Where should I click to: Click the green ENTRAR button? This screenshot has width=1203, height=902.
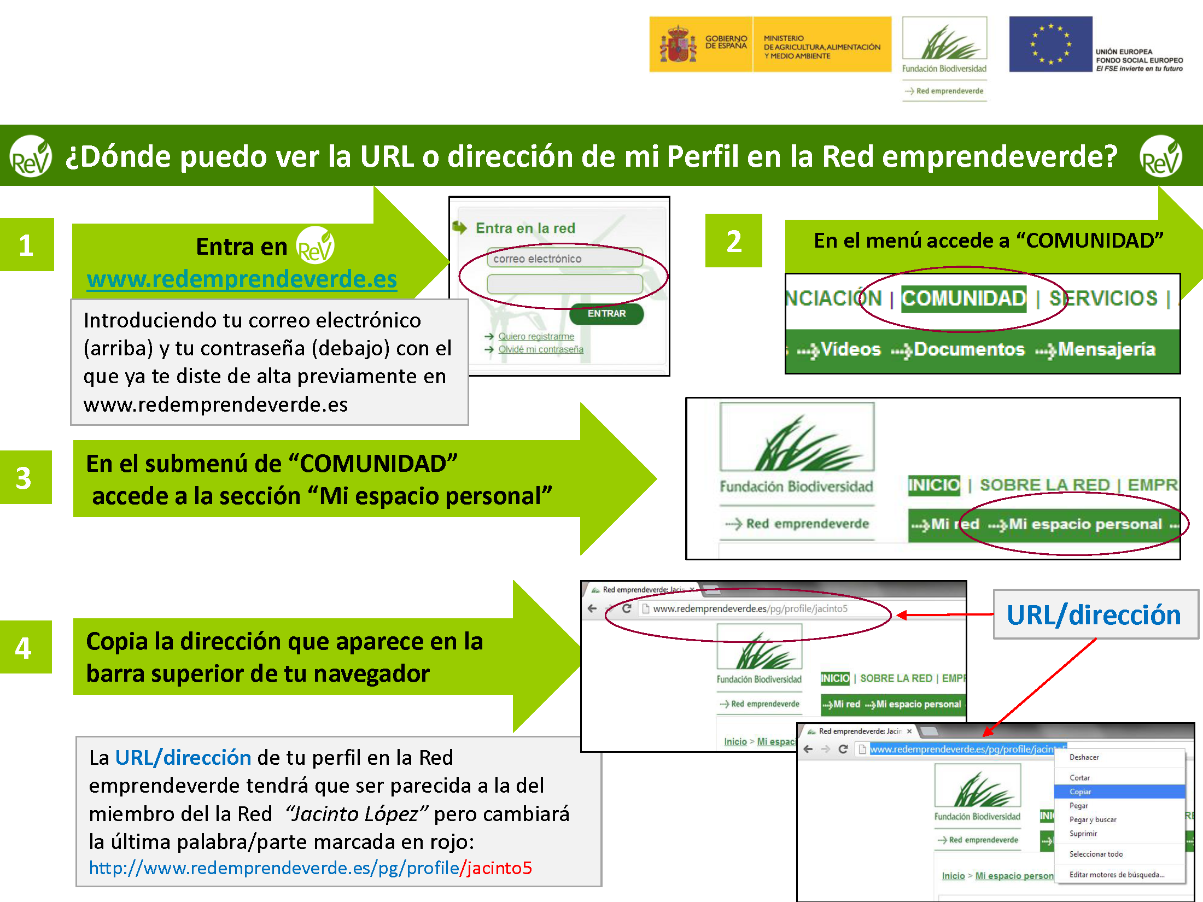(x=606, y=314)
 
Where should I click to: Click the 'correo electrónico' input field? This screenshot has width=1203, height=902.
(x=564, y=259)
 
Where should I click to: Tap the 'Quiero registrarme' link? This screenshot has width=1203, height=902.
(x=536, y=336)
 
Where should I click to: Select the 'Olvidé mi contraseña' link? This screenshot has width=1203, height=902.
(x=540, y=349)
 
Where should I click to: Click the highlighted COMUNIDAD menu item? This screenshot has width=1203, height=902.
(x=963, y=299)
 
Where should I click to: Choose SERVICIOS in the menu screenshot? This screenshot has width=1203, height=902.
(x=1103, y=299)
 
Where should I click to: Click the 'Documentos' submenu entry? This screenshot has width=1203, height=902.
(x=969, y=350)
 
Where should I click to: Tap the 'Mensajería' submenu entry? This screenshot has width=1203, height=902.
(x=1107, y=350)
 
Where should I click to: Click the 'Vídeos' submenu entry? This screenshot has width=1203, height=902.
(x=851, y=350)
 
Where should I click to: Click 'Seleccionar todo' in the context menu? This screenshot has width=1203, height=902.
(x=1096, y=854)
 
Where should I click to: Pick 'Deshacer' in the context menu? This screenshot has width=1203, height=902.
(x=1084, y=757)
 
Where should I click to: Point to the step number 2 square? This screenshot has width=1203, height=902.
(x=733, y=241)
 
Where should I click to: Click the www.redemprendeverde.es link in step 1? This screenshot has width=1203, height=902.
(x=242, y=279)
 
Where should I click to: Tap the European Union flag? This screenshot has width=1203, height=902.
(x=1050, y=44)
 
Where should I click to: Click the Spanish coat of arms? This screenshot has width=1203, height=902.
(x=678, y=44)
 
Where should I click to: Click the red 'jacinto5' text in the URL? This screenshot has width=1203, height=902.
(x=499, y=868)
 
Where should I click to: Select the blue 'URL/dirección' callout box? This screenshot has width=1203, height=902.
(x=1095, y=614)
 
